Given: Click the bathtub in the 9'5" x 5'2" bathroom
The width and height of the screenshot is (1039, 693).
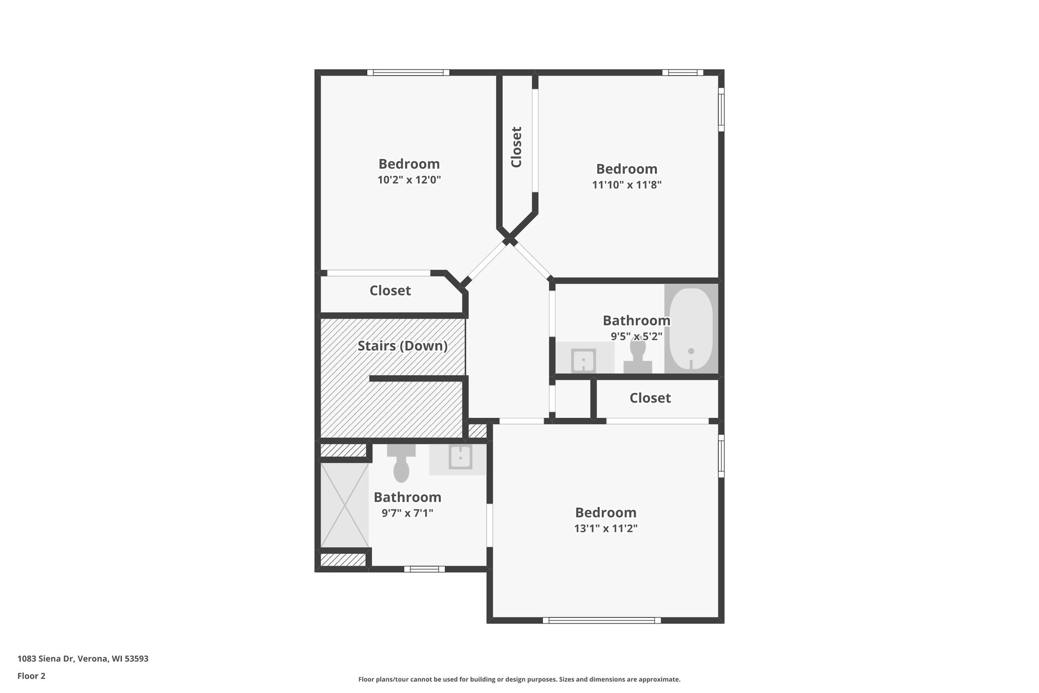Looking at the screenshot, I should coord(691,329).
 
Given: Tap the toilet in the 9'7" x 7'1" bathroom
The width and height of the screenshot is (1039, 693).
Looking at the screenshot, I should coord(401,464).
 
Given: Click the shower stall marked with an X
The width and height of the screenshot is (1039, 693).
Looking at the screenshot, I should coord(344,505).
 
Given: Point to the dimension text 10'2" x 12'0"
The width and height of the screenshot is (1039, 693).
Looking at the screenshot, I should coord(409,180).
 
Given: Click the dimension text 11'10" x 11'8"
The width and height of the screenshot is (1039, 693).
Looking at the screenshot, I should coord(627,185).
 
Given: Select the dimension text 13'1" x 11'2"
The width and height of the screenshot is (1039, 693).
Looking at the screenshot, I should coord(605,529).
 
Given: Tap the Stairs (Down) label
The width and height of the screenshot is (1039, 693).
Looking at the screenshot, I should coord(402,346).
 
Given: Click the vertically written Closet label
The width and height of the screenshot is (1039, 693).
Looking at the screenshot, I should coord(516,147).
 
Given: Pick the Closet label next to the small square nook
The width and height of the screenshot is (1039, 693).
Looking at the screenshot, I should coord(650,398).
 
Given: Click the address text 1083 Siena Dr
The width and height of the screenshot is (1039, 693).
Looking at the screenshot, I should coord(83,659).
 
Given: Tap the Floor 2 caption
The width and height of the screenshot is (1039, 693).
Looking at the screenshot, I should coord(31,676).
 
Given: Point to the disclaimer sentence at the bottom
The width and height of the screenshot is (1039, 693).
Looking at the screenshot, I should coord(519,679).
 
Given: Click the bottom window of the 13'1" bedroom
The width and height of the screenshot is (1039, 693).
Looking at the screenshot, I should coord(602,620).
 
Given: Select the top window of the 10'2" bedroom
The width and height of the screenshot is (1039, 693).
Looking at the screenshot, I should coord(408,73).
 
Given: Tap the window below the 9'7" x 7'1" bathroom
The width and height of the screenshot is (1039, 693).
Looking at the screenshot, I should coord(424,569).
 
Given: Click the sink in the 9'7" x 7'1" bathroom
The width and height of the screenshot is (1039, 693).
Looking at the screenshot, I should coord(460,457).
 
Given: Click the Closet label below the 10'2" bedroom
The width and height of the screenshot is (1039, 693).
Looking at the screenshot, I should coord(390,291).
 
